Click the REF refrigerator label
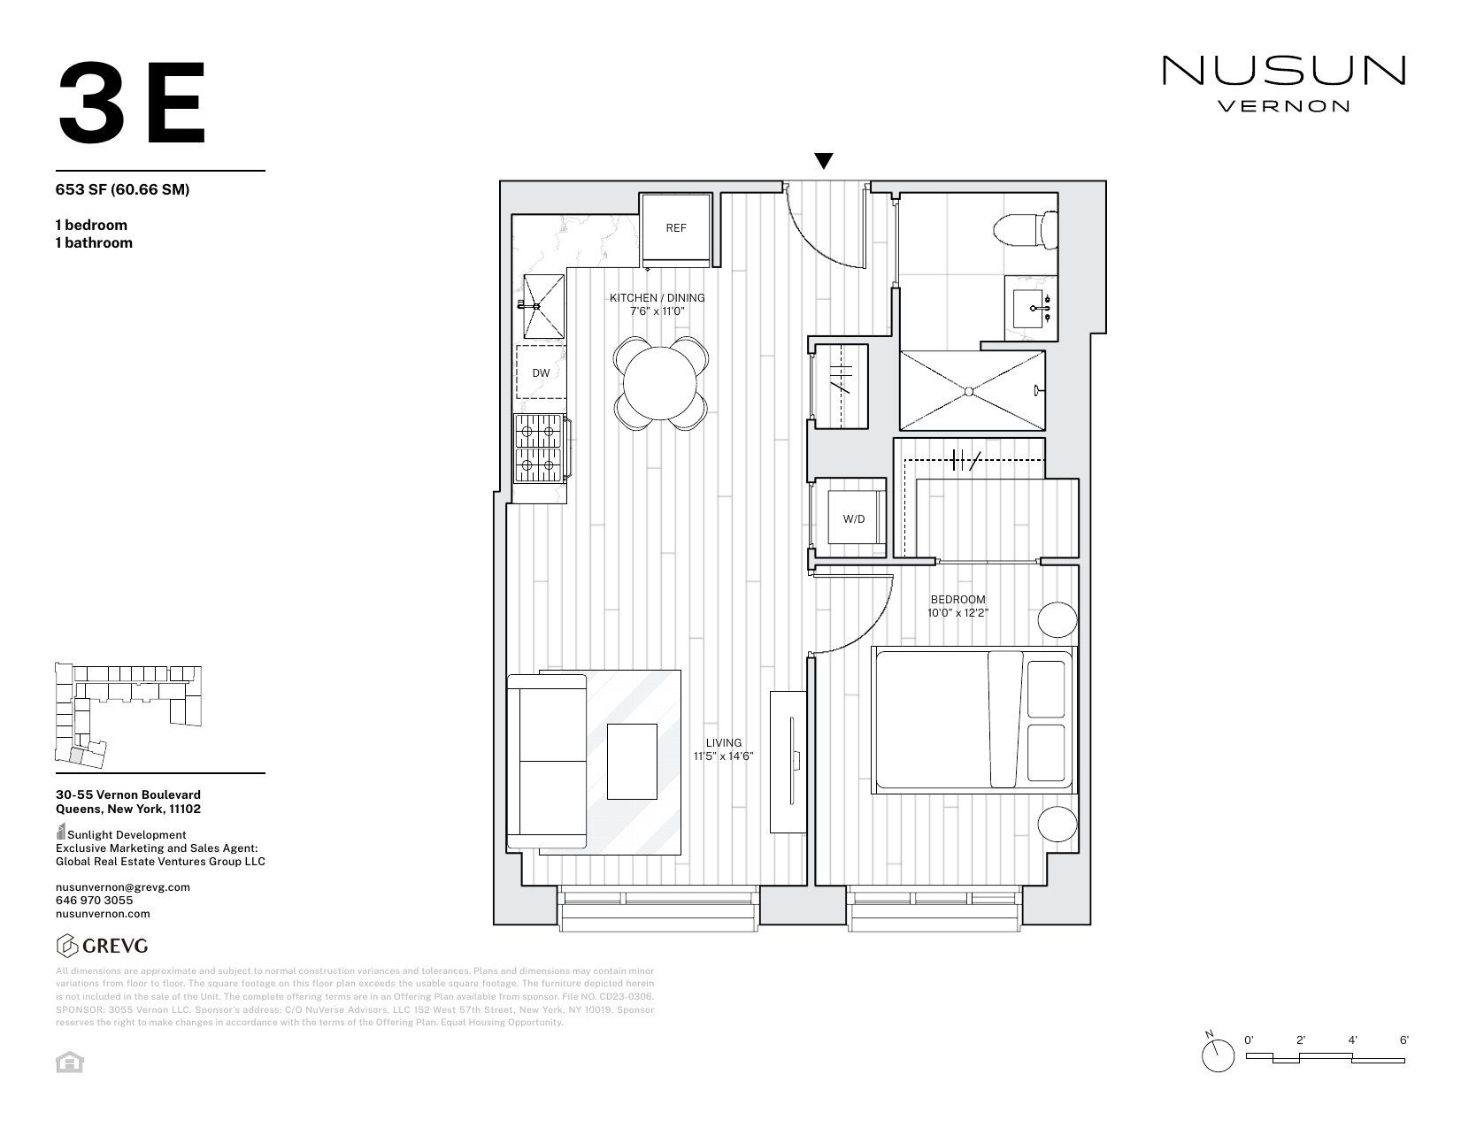click(x=675, y=228)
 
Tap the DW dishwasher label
click(x=541, y=373)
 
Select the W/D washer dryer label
click(x=854, y=519)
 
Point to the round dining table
click(x=659, y=383)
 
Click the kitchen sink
click(x=542, y=306)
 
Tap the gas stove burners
click(x=539, y=449)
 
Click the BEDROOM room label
click(x=957, y=600)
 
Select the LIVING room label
click(x=723, y=743)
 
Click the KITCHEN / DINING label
click(x=657, y=298)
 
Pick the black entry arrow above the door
click(x=823, y=161)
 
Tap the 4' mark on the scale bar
click(x=1353, y=1041)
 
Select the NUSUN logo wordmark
click(x=1283, y=71)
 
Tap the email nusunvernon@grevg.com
click(x=122, y=886)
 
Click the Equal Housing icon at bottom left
click(x=69, y=1063)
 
